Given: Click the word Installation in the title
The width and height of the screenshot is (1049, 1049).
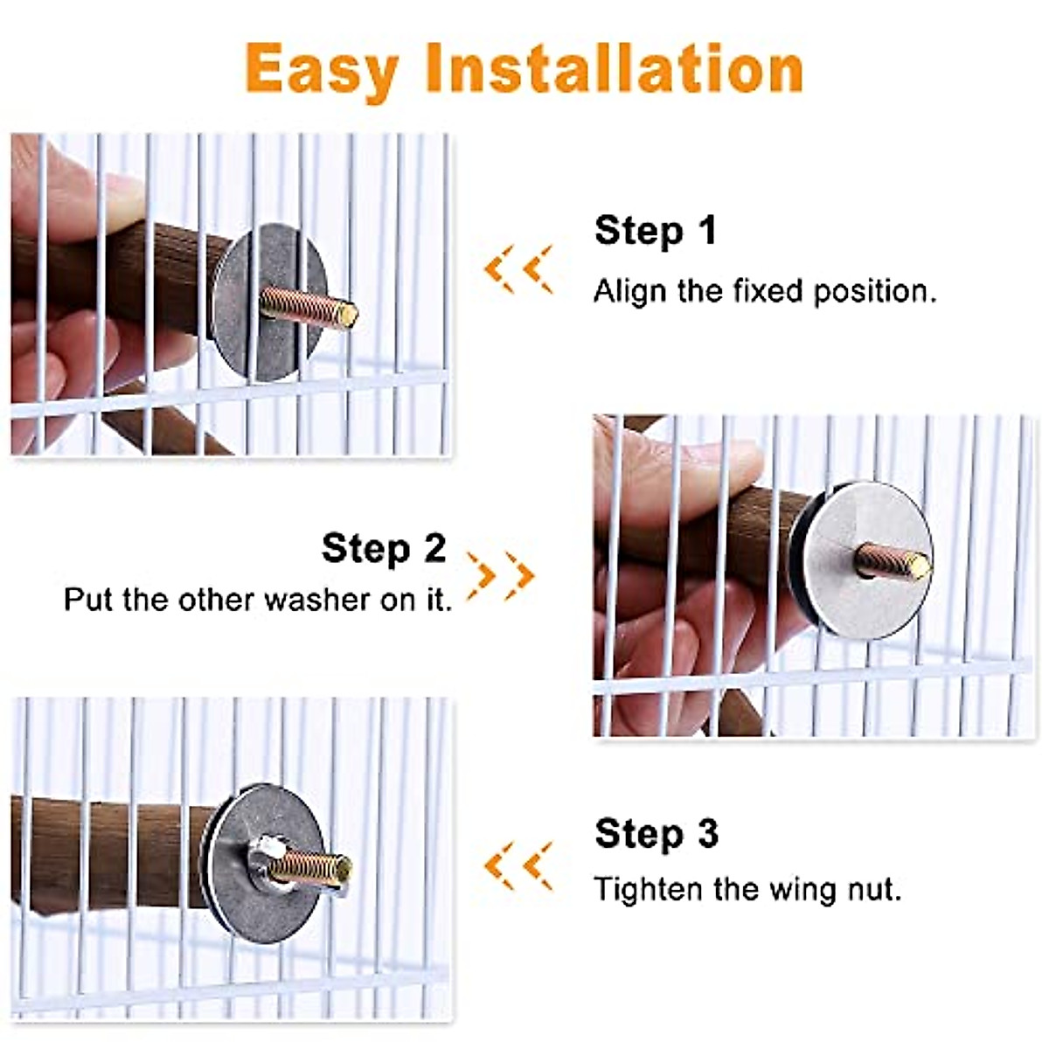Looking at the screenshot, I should (614, 68).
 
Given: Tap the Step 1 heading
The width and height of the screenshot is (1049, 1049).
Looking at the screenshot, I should (655, 231).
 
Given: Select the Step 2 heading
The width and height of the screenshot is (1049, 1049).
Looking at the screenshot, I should (384, 549).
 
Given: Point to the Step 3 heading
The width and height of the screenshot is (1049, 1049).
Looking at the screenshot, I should (656, 834).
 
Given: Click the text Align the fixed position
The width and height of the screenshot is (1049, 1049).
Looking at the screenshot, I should (764, 291).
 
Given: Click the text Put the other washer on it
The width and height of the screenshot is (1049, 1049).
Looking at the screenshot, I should (258, 601).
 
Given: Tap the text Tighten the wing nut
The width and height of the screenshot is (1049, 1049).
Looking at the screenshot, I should (747, 890).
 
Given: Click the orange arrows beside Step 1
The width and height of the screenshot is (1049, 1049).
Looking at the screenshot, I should (518, 268).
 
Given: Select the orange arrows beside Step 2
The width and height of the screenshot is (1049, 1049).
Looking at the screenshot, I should (500, 576).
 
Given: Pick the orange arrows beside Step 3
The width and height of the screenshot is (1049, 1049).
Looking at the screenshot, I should (518, 865).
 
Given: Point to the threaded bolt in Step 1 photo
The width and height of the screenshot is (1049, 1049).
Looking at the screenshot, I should (310, 305).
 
